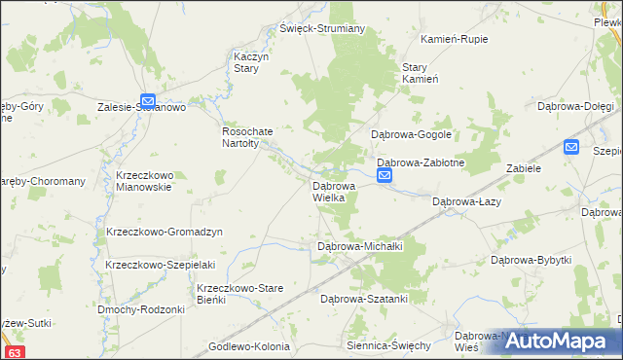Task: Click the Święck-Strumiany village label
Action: tap(322, 28)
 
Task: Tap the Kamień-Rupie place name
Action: tap(454, 39)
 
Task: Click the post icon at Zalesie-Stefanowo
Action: tap(147, 99)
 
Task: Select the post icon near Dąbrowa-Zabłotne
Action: tap(385, 175)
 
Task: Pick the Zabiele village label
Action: tap(523, 167)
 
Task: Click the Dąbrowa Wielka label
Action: tap(334, 191)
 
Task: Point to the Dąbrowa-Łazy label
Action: tap(466, 201)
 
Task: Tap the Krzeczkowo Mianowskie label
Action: tap(143, 181)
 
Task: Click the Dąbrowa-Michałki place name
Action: tap(360, 247)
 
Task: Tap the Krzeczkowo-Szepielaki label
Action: tap(160, 265)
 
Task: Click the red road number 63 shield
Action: tap(14, 352)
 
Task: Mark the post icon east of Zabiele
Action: tap(571, 147)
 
